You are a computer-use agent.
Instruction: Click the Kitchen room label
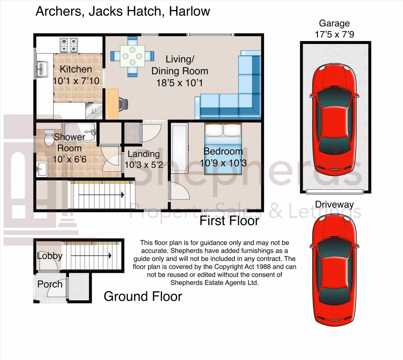click(76, 69)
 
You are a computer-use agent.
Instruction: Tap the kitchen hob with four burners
click(69, 45)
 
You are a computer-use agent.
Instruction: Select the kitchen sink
click(42, 69)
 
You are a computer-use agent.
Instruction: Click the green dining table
click(132, 56)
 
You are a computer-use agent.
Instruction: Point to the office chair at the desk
click(123, 104)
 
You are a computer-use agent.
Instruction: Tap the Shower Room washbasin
click(42, 169)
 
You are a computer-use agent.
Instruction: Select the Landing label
click(143, 154)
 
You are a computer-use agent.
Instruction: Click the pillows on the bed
click(223, 130)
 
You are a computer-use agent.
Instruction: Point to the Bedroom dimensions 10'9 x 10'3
click(223, 163)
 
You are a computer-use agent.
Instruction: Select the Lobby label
click(50, 256)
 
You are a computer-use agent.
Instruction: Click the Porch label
click(50, 284)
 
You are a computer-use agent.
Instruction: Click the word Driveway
click(334, 205)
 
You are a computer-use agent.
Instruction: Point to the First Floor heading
click(229, 221)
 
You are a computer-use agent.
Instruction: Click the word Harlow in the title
click(189, 11)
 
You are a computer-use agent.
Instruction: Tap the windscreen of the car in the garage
click(334, 98)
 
